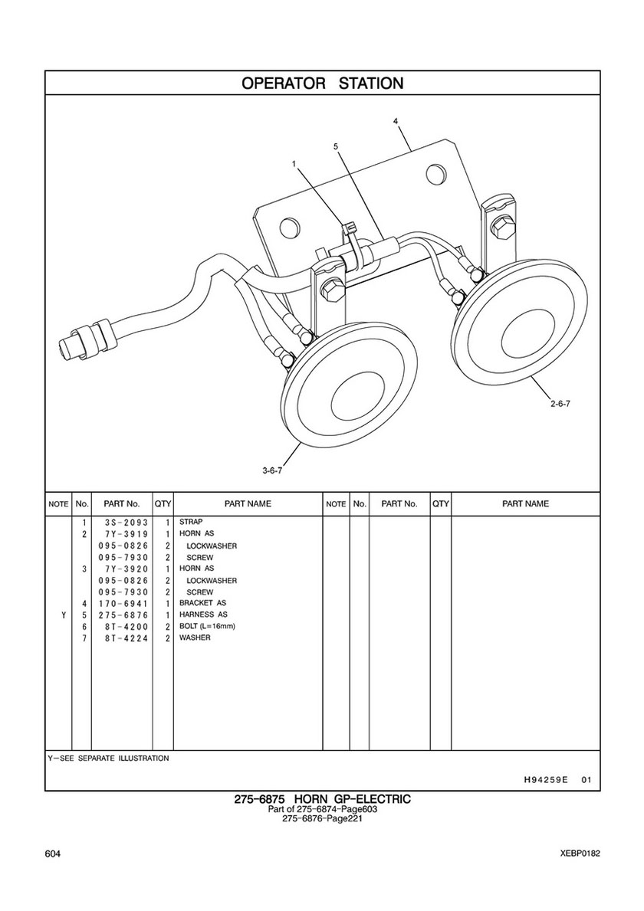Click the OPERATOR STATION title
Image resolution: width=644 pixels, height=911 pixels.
pyautogui.click(x=322, y=83)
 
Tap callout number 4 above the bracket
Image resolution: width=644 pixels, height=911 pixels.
pyautogui.click(x=396, y=121)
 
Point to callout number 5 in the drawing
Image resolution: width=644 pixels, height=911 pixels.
pyautogui.click(x=336, y=147)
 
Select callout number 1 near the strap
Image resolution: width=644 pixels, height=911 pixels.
pyautogui.click(x=294, y=165)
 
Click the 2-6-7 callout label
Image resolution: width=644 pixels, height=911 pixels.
pyautogui.click(x=560, y=404)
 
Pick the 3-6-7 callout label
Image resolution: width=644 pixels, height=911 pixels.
pyautogui.click(x=272, y=470)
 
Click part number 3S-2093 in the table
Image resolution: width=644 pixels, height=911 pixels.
pyautogui.click(x=123, y=522)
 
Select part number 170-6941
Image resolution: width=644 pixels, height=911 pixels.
pyautogui.click(x=123, y=603)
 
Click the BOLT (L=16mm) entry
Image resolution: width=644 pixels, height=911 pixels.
pyautogui.click(x=208, y=626)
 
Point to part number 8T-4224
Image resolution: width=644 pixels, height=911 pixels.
pyautogui.click(x=123, y=638)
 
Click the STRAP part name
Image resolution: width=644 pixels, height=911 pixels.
pyautogui.click(x=191, y=522)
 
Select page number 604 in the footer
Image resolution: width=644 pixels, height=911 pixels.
pyautogui.click(x=52, y=854)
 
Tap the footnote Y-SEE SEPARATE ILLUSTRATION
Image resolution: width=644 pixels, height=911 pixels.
pyautogui.click(x=108, y=759)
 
